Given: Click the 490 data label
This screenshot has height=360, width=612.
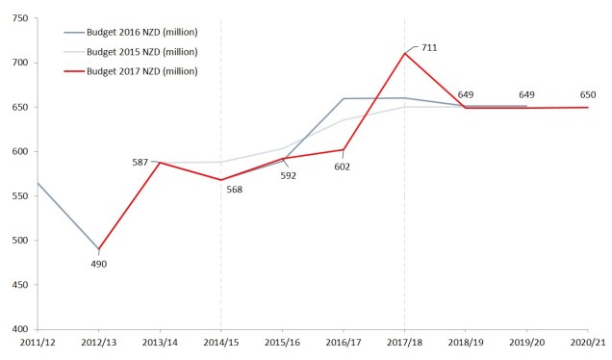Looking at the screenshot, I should (x=99, y=263).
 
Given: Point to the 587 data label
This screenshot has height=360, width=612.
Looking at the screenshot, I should (x=140, y=163).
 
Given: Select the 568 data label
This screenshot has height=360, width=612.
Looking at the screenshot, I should (x=234, y=190).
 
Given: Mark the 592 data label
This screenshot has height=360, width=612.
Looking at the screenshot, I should (x=289, y=175).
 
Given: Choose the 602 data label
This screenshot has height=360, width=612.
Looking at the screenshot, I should (x=342, y=167).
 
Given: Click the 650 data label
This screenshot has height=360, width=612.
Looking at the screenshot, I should (x=588, y=94).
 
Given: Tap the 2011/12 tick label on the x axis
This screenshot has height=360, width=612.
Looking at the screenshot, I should (x=38, y=342).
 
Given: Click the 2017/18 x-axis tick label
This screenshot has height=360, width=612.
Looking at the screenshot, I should (x=404, y=342).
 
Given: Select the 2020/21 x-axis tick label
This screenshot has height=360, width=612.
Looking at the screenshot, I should (x=587, y=342).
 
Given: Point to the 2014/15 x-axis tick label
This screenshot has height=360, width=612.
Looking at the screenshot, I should (x=220, y=342).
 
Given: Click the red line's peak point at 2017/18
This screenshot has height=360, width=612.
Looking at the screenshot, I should (x=404, y=53).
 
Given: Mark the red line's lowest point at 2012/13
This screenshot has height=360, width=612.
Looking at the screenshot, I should (x=99, y=249).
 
